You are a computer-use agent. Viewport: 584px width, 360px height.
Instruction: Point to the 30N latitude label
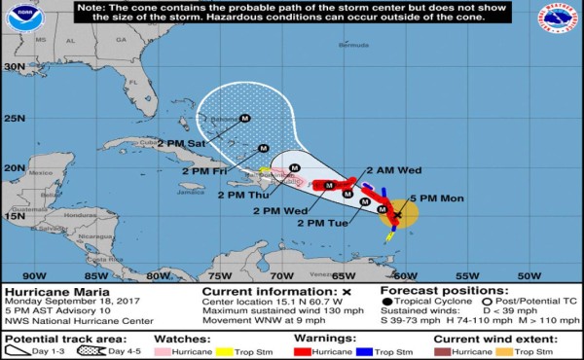14,66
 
